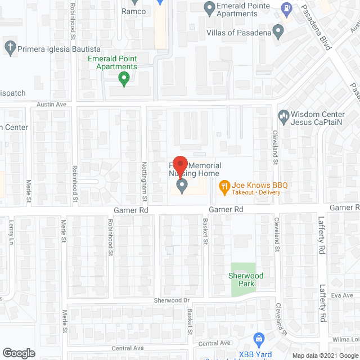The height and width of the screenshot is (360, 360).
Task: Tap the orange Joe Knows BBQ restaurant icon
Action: [224, 186]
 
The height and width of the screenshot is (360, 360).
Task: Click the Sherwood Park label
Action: [242, 280]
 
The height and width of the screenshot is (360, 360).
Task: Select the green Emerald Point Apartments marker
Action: [124, 79]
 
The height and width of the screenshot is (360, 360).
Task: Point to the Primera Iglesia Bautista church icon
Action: [10, 47]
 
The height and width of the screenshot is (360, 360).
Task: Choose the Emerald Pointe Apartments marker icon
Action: [210, 8]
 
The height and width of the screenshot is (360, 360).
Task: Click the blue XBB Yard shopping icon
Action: [259, 339]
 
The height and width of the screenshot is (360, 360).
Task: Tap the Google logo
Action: [19, 353]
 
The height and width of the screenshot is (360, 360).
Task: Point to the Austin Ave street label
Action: [52, 105]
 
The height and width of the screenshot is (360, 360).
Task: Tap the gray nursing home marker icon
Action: [182, 186]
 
